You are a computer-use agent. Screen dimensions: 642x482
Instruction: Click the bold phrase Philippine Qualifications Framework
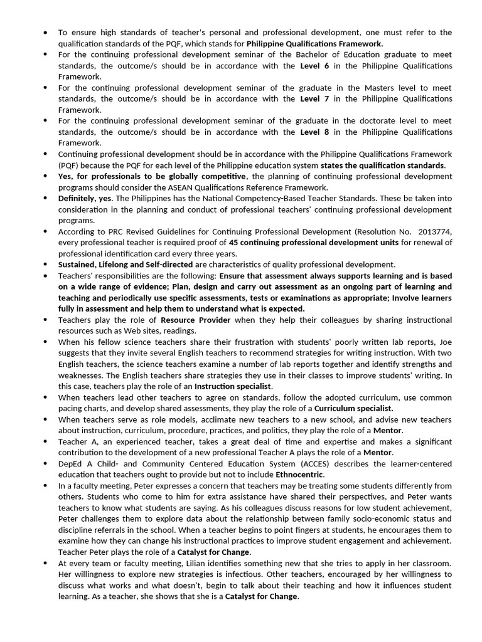click(x=314, y=44)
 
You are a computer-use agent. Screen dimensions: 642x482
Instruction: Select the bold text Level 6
click(x=314, y=66)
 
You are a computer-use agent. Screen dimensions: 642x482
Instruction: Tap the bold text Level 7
click(x=314, y=99)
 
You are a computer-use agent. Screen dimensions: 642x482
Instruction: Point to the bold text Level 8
click(x=314, y=132)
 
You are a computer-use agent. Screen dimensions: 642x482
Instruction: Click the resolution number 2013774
click(x=432, y=231)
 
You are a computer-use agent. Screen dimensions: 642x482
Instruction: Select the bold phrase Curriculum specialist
click(x=354, y=408)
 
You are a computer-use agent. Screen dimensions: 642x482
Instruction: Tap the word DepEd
click(x=71, y=463)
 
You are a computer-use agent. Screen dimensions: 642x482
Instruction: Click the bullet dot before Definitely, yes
click(x=46, y=198)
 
